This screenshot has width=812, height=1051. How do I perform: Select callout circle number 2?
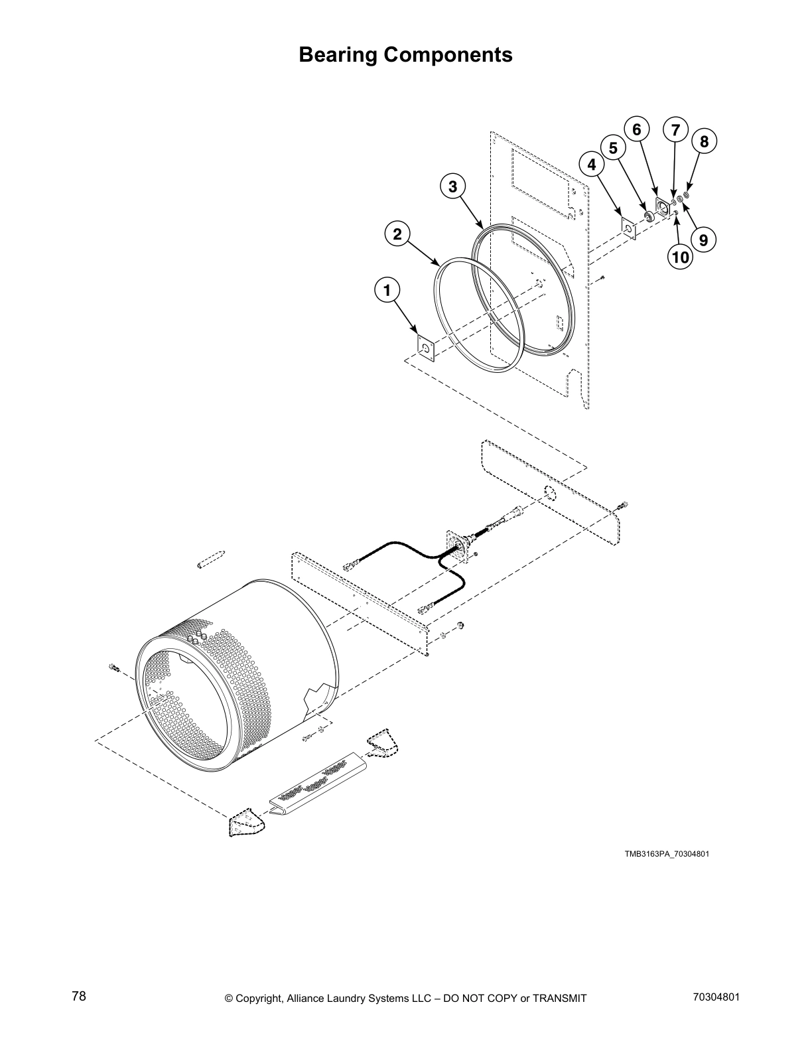pos(397,234)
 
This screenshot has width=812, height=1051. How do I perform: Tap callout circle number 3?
pos(452,187)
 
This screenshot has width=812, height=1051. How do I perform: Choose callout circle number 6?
pos(636,129)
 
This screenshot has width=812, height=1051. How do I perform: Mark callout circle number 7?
pos(675,129)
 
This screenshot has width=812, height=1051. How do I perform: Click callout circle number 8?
pos(704,141)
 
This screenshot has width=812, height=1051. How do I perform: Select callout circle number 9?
pos(703,238)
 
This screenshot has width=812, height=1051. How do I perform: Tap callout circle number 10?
pos(680,257)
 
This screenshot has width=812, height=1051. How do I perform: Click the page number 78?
pos(79,996)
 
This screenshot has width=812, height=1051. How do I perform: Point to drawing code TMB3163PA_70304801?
pos(666,854)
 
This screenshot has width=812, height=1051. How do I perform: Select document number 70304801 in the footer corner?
pos(714,997)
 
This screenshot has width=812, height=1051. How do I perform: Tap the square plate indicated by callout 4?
pos(628,228)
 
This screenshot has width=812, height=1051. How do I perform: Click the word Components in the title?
pos(449,54)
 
